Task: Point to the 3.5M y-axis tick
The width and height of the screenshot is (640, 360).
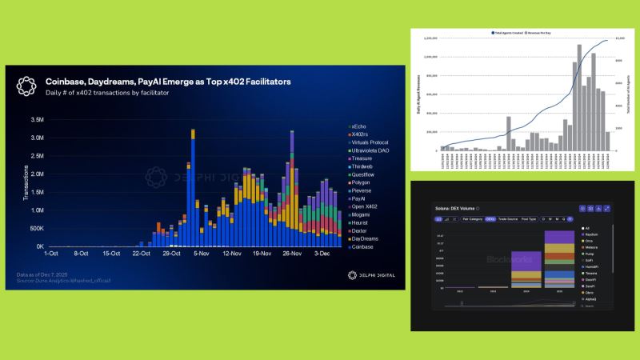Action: click(36, 120)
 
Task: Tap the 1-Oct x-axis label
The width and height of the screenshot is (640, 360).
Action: click(50, 253)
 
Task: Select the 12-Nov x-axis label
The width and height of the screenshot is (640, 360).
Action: click(232, 253)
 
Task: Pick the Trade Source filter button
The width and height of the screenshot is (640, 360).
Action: click(508, 218)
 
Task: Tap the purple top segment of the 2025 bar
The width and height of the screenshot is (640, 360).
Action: click(566, 238)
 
